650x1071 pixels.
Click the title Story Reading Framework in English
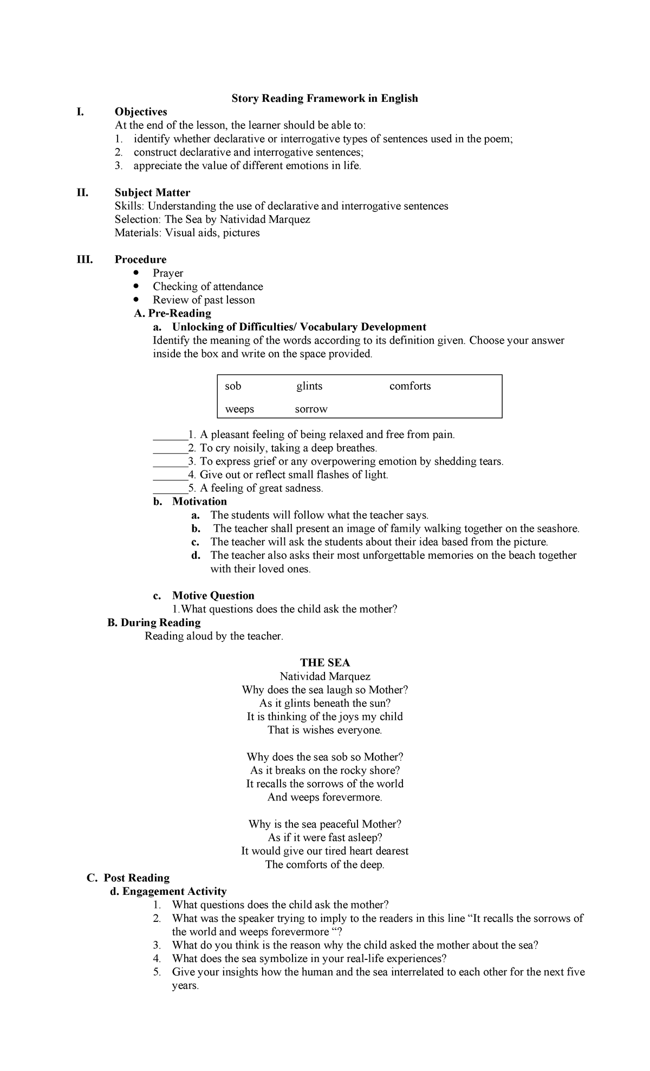pyautogui.click(x=324, y=98)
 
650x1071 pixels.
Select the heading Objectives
pyautogui.click(x=141, y=112)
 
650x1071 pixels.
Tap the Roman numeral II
pyautogui.click(x=82, y=192)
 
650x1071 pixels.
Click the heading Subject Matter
pyautogui.click(x=152, y=192)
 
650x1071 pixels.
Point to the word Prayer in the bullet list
pyautogui.click(x=168, y=273)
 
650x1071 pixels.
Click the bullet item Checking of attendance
pyautogui.click(x=207, y=286)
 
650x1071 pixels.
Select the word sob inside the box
pyautogui.click(x=233, y=386)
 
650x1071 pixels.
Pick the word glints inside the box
pyautogui.click(x=309, y=386)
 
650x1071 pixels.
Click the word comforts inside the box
pyautogui.click(x=410, y=386)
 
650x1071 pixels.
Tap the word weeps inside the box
pyautogui.click(x=239, y=409)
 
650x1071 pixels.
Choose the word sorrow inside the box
pyautogui.click(x=311, y=409)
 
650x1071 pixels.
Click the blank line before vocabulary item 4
pyautogui.click(x=170, y=475)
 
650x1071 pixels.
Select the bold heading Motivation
pyautogui.click(x=199, y=501)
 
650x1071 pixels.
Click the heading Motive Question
pyautogui.click(x=213, y=596)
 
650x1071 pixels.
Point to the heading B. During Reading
pyautogui.click(x=154, y=622)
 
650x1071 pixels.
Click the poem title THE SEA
pyautogui.click(x=325, y=662)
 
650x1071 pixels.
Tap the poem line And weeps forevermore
pyautogui.click(x=325, y=797)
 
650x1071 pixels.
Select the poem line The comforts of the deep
pyautogui.click(x=325, y=864)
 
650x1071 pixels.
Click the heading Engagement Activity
pyautogui.click(x=174, y=891)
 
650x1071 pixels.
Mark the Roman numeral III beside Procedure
pyautogui.click(x=84, y=260)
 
